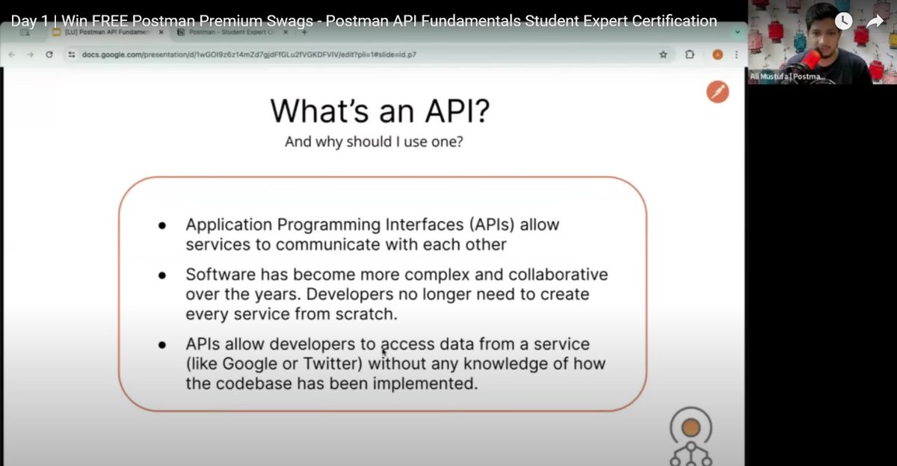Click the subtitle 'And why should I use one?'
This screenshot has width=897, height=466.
[373, 141]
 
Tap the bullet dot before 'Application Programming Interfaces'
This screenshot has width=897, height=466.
[161, 225]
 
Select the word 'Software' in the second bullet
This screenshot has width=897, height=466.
[217, 275]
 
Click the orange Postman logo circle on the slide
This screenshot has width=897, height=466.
[717, 92]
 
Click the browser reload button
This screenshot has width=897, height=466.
[49, 55]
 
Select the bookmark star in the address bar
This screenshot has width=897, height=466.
[663, 55]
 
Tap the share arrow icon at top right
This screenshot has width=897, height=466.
[875, 21]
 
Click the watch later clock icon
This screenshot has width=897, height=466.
[843, 21]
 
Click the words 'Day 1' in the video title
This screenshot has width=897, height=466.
[28, 21]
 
